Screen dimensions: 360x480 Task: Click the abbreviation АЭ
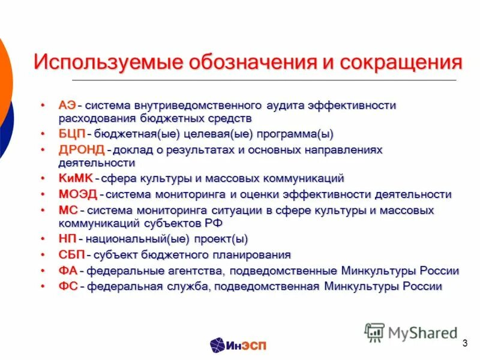pyautogui.click(x=67, y=106)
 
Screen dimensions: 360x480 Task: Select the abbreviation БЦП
pyautogui.click(x=71, y=134)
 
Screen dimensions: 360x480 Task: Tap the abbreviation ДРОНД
pyautogui.click(x=82, y=149)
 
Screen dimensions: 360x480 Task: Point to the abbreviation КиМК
pyautogui.click(x=76, y=179)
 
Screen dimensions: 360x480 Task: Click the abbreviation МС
pyautogui.click(x=68, y=211)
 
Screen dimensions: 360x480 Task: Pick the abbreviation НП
pyautogui.click(x=67, y=239)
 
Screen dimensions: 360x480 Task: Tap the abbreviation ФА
pyautogui.click(x=68, y=271)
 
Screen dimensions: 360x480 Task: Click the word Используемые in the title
pyautogui.click(x=107, y=62)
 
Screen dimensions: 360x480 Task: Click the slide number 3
pyautogui.click(x=465, y=343)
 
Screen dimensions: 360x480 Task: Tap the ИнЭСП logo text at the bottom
pyautogui.click(x=246, y=345)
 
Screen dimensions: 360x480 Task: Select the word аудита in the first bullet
pyautogui.click(x=284, y=106)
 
